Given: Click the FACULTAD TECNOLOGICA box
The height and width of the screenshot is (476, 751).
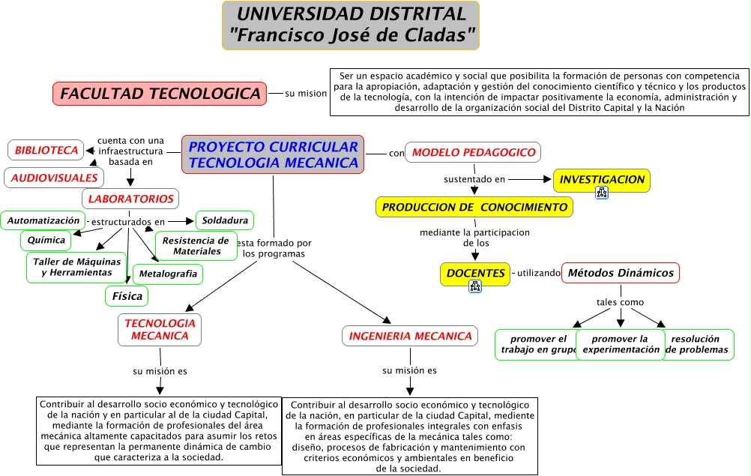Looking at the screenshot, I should [160, 94].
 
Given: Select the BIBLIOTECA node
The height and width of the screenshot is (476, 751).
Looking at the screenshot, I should [46, 150].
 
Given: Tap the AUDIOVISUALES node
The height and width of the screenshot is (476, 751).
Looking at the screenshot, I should [54, 178].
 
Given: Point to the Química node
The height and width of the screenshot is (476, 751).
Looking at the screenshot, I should [46, 241].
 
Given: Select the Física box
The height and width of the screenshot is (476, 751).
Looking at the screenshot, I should [127, 296].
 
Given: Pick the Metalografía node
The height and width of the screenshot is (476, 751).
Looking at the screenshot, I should [168, 274].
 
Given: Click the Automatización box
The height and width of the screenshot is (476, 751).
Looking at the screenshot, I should [43, 220].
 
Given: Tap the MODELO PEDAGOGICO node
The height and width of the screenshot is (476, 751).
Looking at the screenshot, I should [473, 152].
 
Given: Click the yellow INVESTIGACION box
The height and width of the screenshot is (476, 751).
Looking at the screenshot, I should [602, 179].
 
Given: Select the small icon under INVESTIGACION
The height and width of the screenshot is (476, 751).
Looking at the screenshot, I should [602, 193].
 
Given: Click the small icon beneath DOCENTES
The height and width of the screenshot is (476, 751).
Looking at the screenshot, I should [474, 286].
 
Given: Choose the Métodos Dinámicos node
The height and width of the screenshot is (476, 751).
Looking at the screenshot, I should [621, 273].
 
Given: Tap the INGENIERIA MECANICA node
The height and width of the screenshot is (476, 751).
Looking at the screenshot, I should [411, 336].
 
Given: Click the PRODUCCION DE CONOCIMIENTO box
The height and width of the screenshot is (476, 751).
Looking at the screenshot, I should [474, 207].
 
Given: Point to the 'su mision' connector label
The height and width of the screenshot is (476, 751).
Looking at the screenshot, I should [306, 94].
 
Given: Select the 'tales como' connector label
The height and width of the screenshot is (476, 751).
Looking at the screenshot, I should [620, 302].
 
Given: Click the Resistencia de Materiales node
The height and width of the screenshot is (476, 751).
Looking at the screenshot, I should [196, 246].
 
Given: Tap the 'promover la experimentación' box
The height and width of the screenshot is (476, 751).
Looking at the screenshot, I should [621, 344].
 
